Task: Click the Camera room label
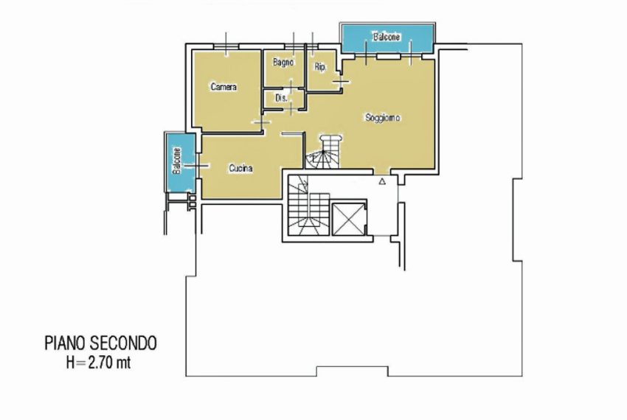coord(224,87)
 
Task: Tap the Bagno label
coord(283,63)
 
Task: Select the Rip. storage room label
coord(320,67)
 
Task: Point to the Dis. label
coord(281,97)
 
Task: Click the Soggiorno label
coord(383,118)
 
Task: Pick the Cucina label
coord(240,169)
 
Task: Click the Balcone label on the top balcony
coord(387,37)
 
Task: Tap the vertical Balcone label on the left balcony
coord(177,161)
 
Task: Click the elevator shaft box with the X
coord(348,219)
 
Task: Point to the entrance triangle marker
coord(382,181)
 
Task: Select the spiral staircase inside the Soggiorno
coord(324,153)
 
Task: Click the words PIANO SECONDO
coord(100,343)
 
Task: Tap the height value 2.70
coord(101,363)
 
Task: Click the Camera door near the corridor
coord(261,122)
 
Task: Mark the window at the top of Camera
coord(226,46)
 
